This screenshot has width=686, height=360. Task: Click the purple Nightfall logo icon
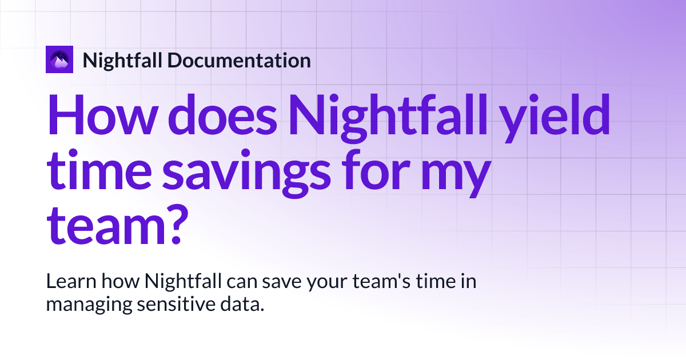click(59, 59)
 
